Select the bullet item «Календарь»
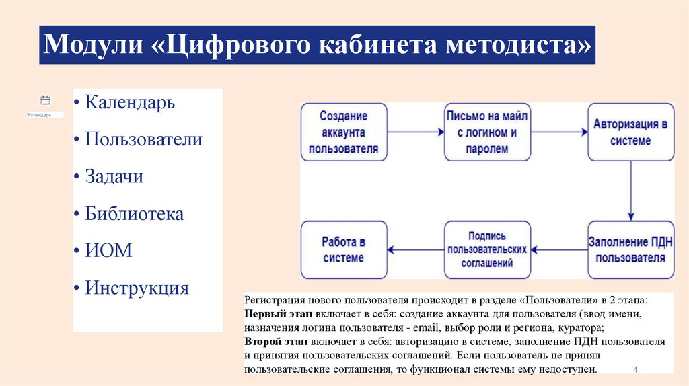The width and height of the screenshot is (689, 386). [x=130, y=103]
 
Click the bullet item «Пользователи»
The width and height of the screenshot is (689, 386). [x=143, y=140]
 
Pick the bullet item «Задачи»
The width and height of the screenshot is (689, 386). [x=114, y=177]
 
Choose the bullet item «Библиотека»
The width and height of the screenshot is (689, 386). [x=134, y=214]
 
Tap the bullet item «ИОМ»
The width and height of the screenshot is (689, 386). [x=108, y=251]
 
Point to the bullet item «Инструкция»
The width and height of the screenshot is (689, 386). [x=137, y=288]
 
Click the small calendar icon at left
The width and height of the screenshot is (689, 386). [x=46, y=100]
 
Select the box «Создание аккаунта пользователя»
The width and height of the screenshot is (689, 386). [x=343, y=132]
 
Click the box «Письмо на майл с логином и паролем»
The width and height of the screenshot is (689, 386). [x=486, y=132]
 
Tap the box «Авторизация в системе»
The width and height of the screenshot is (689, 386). [x=630, y=132]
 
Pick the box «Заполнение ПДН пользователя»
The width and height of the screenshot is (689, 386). [x=630, y=249]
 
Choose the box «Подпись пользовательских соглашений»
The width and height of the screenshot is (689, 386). [x=486, y=249]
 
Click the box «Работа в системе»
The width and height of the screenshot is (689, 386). [x=343, y=249]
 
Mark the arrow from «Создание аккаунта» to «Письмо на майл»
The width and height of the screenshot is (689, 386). [x=415, y=132]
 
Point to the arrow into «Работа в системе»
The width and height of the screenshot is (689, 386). [x=415, y=249]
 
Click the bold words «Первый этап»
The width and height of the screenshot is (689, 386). [x=268, y=314]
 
